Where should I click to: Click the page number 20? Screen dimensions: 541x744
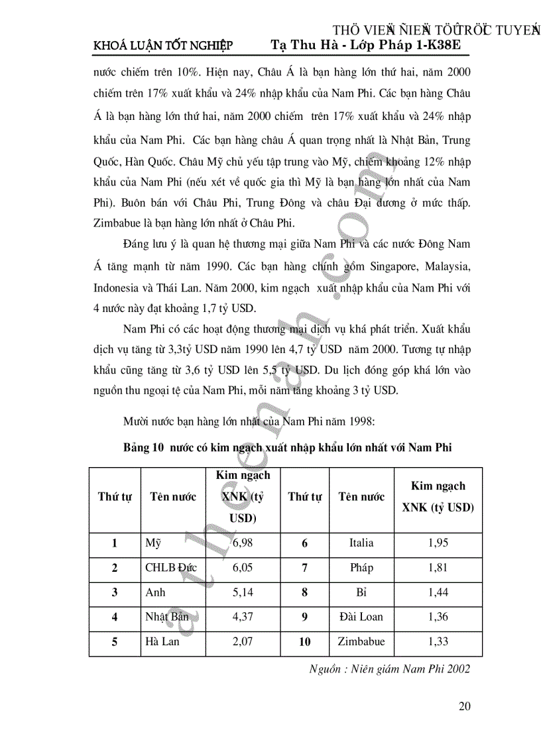click(464, 706)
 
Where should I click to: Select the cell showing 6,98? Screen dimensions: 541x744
click(243, 543)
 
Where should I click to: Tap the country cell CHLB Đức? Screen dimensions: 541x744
click(170, 568)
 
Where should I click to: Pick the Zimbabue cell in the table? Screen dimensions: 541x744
click(361, 641)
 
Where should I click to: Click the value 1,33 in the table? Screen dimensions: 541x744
click(438, 641)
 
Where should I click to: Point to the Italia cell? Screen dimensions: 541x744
click(361, 543)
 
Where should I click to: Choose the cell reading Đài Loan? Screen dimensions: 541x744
click(361, 617)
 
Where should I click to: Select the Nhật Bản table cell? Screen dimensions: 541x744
click(167, 617)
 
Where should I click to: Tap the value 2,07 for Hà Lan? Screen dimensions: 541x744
click(243, 641)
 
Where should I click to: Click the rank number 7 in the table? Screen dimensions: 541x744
click(304, 568)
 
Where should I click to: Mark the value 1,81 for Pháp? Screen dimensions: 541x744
click(438, 568)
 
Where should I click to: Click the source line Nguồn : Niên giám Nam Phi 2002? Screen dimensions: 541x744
click(390, 668)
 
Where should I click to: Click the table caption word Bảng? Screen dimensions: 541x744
click(137, 448)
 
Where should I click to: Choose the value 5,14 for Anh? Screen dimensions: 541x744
click(243, 592)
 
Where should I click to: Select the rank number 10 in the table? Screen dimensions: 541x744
click(304, 641)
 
